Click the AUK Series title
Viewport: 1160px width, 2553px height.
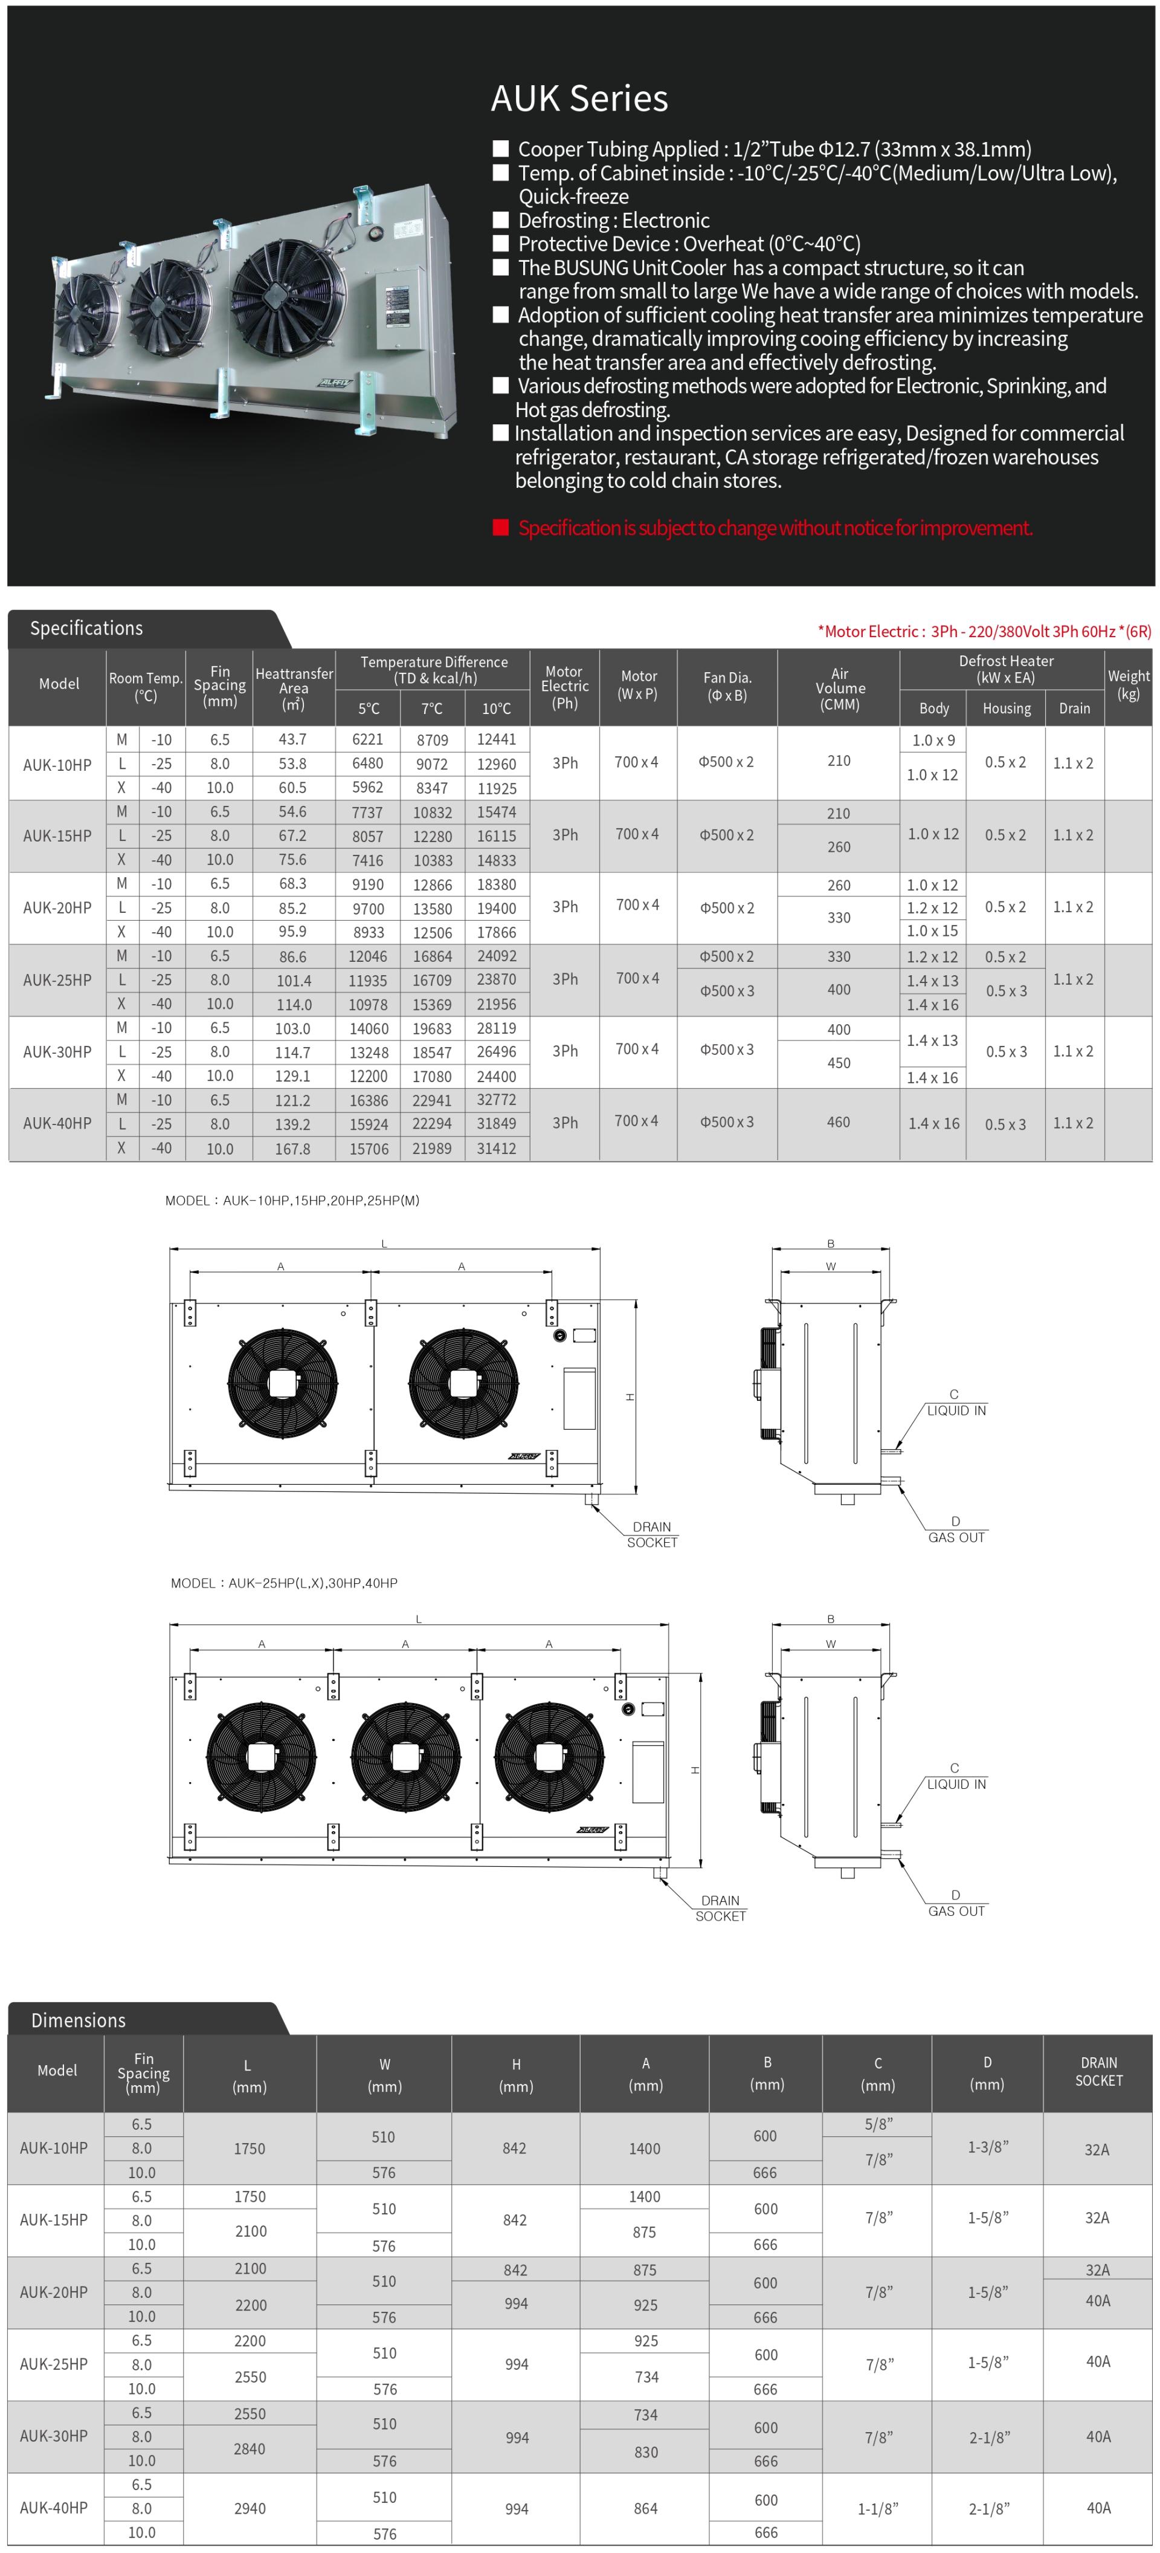(x=579, y=98)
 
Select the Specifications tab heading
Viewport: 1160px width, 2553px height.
(x=86, y=628)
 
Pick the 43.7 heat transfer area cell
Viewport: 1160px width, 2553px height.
(x=292, y=739)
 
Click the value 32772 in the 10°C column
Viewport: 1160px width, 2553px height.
(x=496, y=1100)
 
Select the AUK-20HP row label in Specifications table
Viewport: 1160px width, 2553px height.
(x=57, y=908)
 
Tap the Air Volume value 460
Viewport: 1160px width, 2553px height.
(x=838, y=1122)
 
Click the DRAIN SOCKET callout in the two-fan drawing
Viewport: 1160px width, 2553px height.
(x=652, y=1534)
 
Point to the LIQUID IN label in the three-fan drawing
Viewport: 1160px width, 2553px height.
(x=956, y=1784)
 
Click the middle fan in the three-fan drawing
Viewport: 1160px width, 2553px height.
(x=405, y=1756)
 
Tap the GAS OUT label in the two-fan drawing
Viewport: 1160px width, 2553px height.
(x=956, y=1537)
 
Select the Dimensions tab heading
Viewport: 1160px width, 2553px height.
(x=79, y=2020)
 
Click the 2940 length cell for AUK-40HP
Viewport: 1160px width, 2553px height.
(x=250, y=2508)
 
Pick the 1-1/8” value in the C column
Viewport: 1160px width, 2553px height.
(x=878, y=2508)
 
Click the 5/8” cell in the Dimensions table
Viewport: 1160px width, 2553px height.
(x=878, y=2124)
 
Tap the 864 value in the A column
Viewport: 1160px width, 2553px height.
(x=645, y=2508)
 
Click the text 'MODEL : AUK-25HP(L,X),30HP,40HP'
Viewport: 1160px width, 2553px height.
(x=285, y=1583)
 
